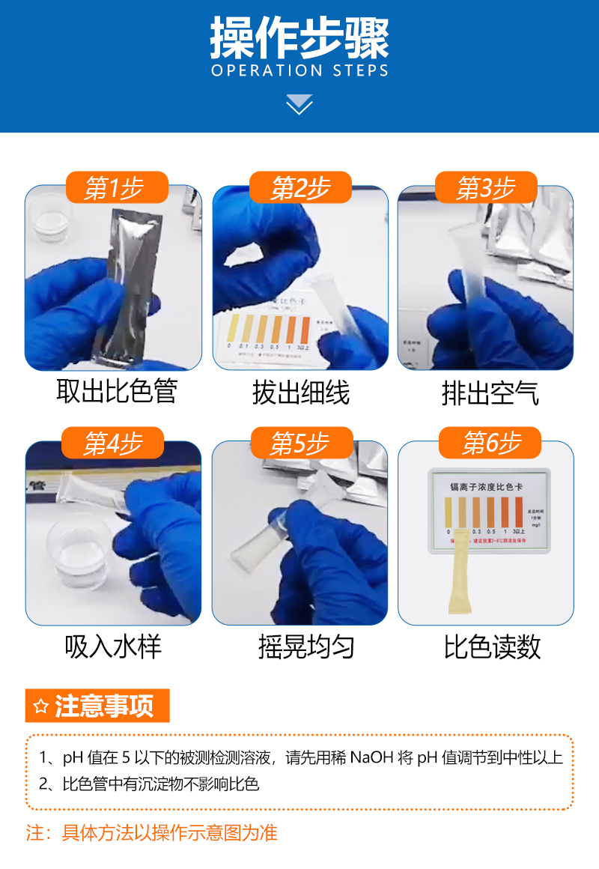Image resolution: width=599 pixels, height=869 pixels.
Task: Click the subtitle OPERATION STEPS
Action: (299, 71)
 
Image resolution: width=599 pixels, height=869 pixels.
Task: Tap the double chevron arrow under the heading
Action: (299, 104)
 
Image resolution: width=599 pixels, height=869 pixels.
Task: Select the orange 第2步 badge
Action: (300, 188)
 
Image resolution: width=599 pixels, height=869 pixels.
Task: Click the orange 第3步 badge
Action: (486, 188)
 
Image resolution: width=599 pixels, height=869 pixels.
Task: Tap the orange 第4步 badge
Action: (114, 443)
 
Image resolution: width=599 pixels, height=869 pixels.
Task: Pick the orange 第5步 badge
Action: (300, 443)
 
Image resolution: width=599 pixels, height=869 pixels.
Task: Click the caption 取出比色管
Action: (116, 392)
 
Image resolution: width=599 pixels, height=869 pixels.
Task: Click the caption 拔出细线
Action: (300, 392)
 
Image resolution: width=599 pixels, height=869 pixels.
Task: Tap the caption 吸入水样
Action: (113, 647)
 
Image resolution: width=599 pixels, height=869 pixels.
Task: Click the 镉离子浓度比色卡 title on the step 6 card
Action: (489, 485)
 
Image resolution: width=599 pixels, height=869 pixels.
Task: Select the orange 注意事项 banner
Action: (98, 706)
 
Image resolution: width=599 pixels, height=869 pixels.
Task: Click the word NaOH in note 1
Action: (371, 757)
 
